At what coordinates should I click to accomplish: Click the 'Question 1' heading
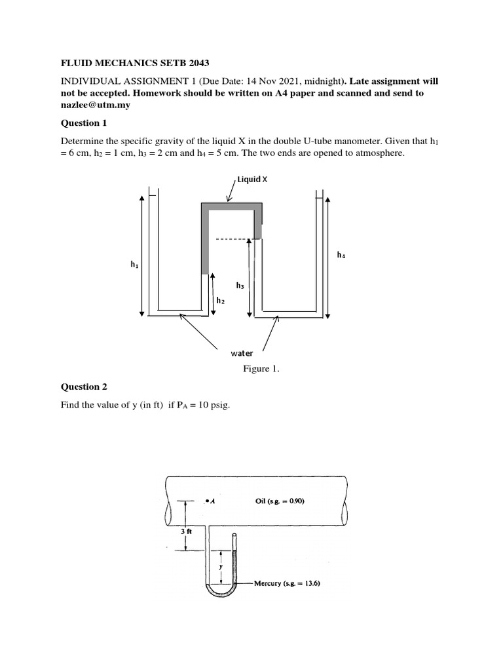coord(83,123)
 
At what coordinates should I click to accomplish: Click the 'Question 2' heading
coord(83,387)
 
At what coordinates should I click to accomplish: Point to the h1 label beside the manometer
coord(134,265)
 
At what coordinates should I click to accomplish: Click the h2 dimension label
coord(221,300)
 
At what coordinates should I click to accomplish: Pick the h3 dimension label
coord(240,286)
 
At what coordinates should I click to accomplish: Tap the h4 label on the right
coord(341,255)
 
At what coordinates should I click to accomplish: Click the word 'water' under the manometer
coord(242,353)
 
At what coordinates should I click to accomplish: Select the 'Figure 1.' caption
coord(261,369)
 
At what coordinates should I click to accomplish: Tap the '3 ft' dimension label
coord(186,531)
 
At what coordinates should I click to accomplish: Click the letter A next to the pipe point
coord(214,501)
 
